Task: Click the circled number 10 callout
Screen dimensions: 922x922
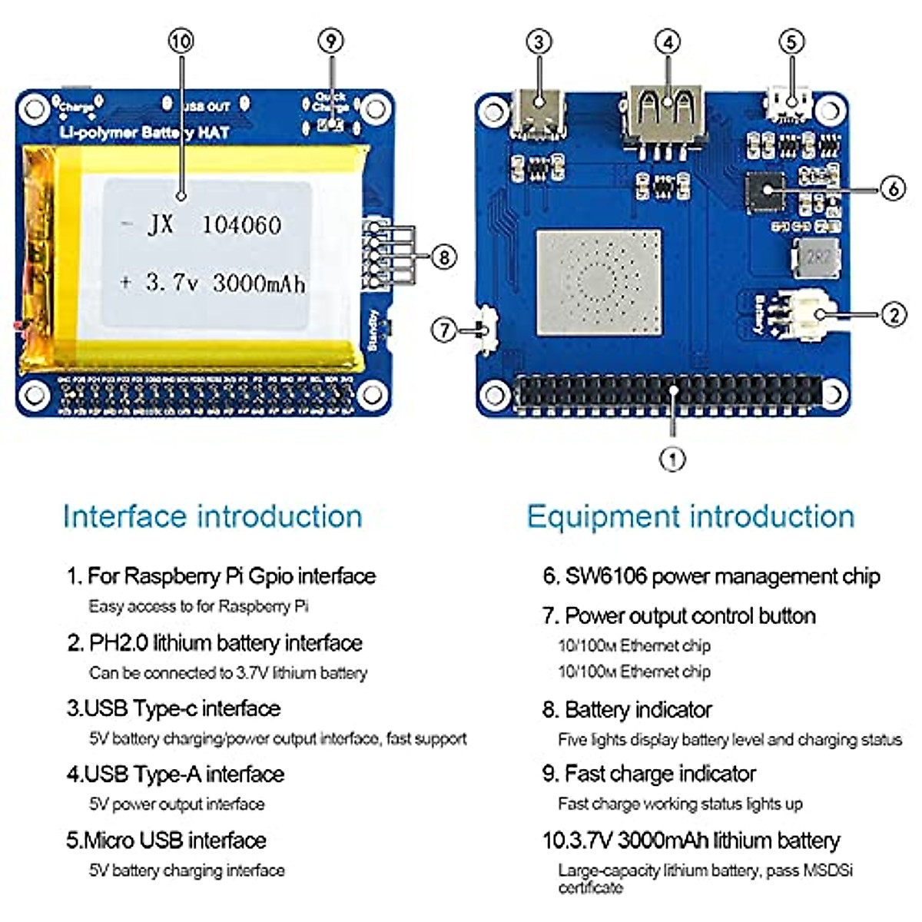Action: coord(181,41)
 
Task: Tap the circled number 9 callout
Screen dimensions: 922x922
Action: coord(331,41)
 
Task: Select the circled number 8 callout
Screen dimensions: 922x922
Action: coord(444,257)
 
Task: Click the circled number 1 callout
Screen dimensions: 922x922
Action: coord(672,459)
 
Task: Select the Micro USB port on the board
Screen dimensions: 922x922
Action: coord(788,107)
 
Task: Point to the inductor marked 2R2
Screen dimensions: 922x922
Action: coord(818,257)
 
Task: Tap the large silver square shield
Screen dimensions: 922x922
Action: coord(599,282)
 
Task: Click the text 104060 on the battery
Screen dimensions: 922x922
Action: coord(241,225)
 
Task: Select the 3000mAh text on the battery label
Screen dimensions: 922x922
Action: coord(259,284)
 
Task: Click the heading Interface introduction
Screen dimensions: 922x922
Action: coord(213,516)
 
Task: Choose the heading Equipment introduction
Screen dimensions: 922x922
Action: coord(690,516)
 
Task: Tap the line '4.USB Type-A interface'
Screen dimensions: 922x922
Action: coord(176,774)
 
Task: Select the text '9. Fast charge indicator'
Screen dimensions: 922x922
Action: coord(649,774)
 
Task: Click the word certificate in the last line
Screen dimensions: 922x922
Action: coord(590,888)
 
